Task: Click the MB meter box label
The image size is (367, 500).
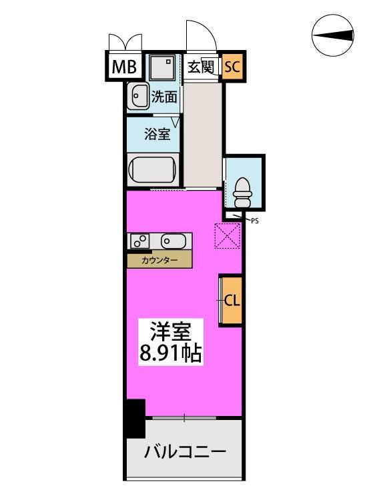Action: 124,67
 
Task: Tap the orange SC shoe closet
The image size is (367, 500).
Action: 232,67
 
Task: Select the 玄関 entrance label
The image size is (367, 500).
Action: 200,67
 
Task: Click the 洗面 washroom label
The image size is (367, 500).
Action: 164,97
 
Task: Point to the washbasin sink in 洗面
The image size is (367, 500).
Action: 139,95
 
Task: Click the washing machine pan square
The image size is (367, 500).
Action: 162,67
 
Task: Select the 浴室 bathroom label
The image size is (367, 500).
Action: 157,134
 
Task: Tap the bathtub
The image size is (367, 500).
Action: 153,169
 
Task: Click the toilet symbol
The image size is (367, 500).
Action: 243,193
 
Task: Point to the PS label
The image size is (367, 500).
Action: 255,221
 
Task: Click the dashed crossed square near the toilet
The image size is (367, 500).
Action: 228,235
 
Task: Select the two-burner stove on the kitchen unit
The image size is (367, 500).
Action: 139,241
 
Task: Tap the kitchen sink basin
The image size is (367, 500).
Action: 173,241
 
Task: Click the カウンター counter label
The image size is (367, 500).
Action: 159,261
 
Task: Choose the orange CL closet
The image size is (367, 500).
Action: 230,301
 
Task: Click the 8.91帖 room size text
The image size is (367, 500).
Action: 171,353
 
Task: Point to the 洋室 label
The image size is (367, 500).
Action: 171,331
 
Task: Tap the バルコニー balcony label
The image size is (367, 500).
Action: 185,451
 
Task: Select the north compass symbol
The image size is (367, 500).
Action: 333,35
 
